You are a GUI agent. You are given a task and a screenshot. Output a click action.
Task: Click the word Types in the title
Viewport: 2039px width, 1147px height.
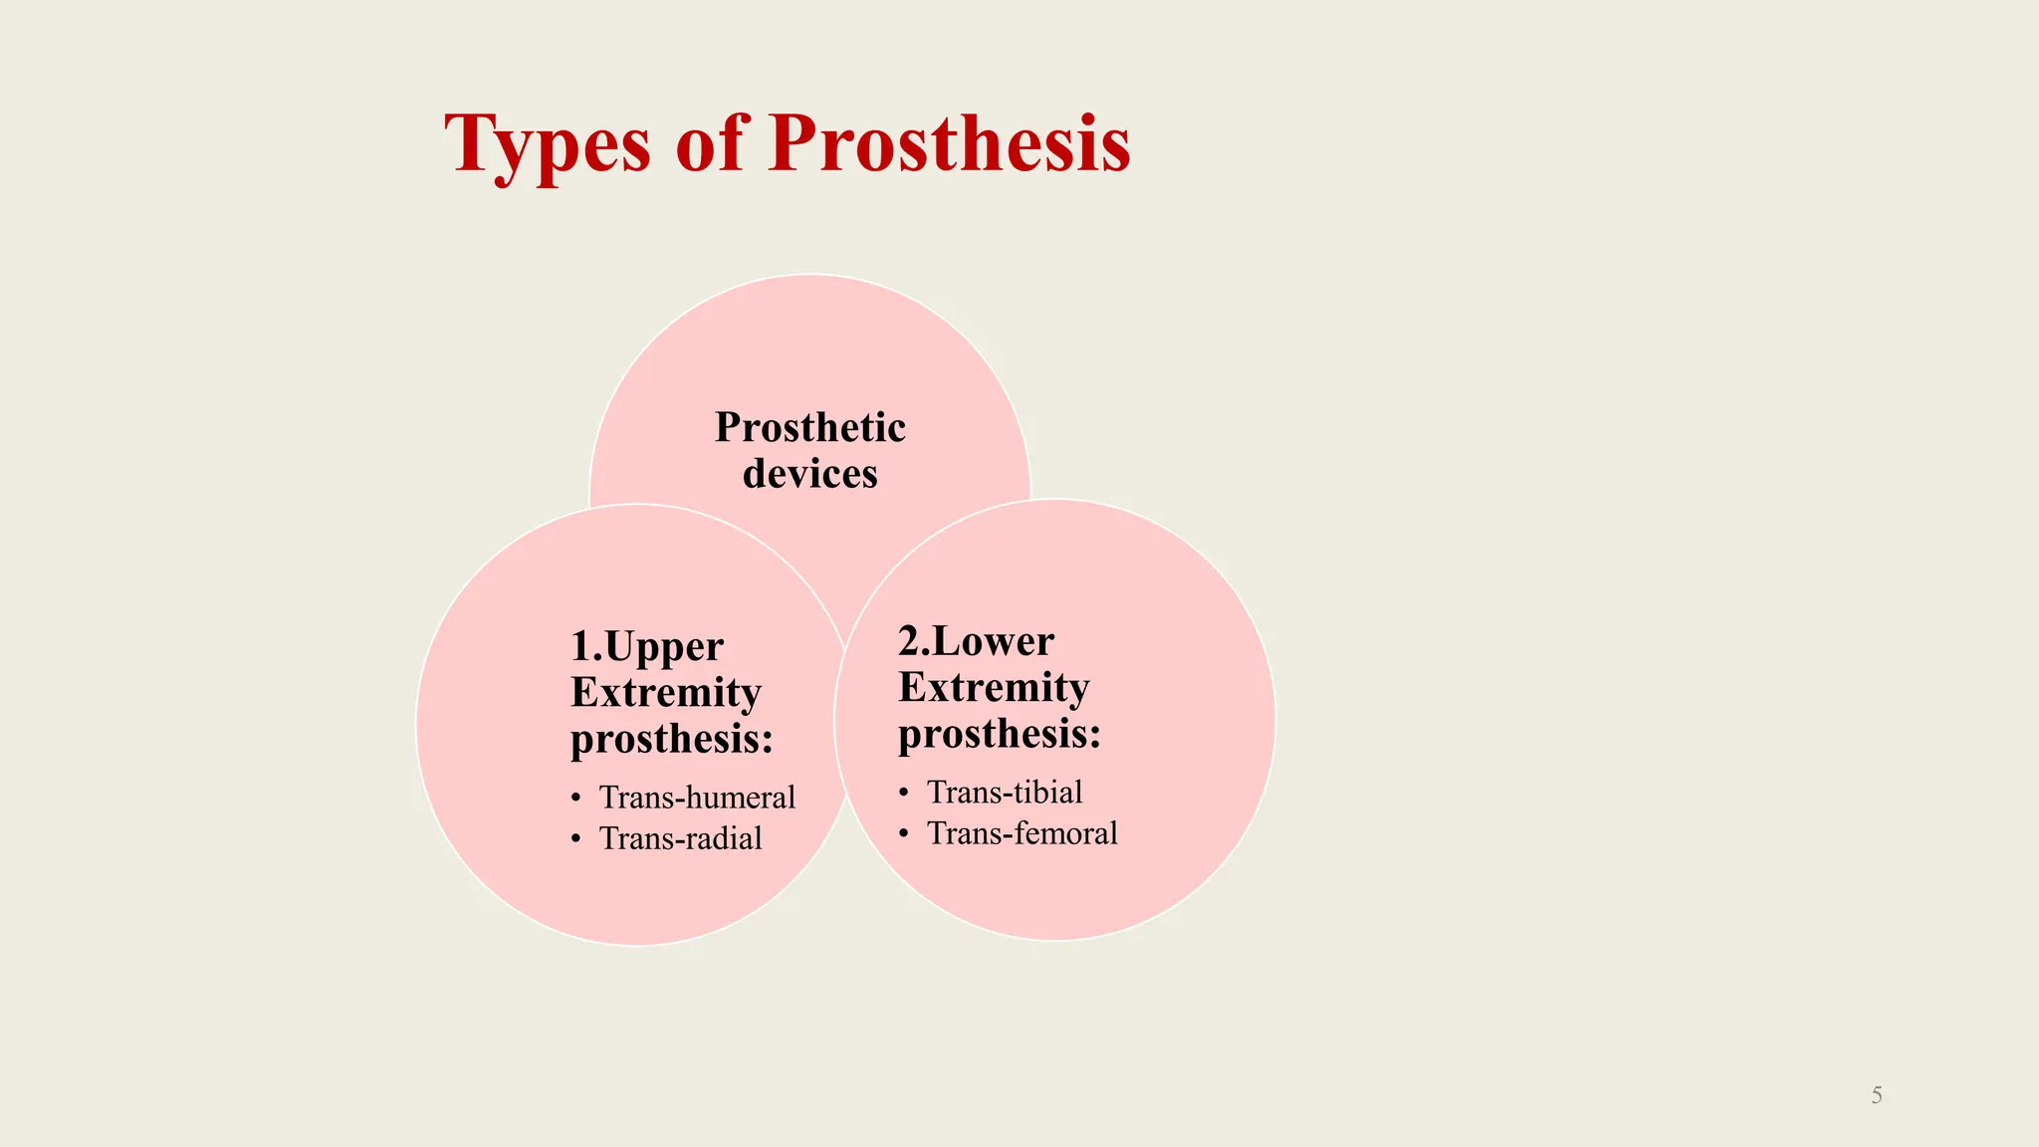547,145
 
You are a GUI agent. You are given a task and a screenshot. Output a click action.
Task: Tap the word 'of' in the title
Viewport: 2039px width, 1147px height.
710,143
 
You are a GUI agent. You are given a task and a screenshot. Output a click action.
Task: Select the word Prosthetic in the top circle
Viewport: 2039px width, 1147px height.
809,428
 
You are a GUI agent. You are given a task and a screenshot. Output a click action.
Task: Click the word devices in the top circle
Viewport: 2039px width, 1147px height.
809,474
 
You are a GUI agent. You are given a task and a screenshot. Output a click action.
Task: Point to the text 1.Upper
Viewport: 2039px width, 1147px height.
646,647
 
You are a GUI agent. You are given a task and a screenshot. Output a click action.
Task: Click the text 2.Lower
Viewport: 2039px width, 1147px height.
976,642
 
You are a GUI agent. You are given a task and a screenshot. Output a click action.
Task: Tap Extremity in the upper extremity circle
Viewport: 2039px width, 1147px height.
665,693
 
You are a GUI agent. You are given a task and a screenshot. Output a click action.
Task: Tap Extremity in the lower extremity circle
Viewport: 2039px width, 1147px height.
994,688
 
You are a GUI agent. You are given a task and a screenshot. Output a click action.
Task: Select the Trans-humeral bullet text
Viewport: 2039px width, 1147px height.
697,798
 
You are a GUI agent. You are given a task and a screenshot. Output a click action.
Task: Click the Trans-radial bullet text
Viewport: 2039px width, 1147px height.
680,838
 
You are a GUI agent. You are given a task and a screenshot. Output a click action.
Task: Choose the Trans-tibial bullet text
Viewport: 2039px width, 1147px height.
1004,793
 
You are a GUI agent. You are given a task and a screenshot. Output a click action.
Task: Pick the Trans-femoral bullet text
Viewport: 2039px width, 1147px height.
1021,833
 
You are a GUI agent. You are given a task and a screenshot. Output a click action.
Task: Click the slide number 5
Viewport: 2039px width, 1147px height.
1876,1095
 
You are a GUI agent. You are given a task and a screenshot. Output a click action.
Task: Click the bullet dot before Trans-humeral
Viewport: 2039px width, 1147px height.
576,799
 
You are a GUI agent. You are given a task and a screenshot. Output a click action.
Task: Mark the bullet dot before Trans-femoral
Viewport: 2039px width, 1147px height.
904,833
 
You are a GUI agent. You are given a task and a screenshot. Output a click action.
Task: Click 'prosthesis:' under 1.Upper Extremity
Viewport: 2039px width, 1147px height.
671,740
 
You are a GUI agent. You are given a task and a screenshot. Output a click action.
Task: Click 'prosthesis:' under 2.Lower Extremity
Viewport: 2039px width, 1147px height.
1000,735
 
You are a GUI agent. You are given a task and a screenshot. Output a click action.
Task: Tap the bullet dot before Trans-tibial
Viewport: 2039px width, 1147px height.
904,793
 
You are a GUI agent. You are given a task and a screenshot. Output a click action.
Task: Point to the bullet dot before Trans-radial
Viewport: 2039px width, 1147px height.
576,839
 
